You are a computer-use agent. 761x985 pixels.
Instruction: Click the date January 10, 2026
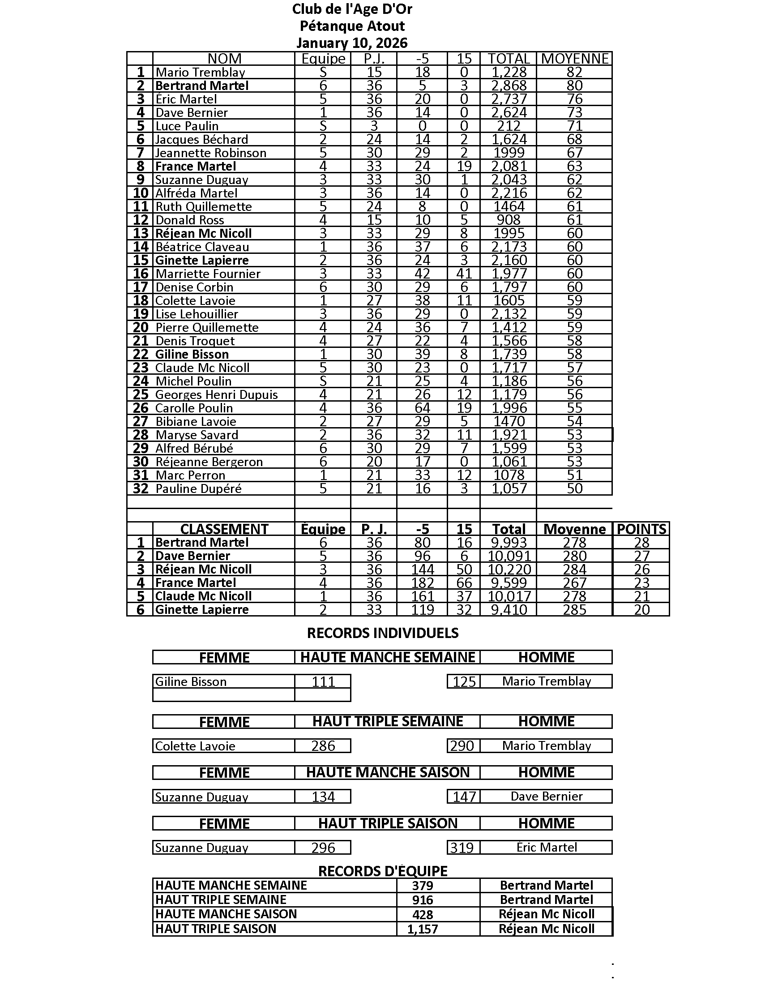coord(352,43)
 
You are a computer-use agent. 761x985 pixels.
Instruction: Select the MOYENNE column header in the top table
coord(574,59)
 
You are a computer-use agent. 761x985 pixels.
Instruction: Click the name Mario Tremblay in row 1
coord(200,72)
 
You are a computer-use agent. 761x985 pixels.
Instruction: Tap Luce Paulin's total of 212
coord(509,126)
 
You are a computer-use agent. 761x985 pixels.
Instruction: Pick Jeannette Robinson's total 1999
coord(509,153)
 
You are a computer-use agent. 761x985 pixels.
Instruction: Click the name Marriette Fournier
coord(208,274)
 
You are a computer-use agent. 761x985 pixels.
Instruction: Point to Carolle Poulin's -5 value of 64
coord(423,408)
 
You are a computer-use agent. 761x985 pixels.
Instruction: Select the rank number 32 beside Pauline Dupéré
coord(141,488)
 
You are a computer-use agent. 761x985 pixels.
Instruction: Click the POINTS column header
coord(641,529)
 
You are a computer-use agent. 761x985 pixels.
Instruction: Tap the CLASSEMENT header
coord(224,529)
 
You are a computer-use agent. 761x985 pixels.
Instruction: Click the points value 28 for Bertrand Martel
coord(641,543)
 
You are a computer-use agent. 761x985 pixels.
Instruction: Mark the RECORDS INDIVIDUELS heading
coord(382,633)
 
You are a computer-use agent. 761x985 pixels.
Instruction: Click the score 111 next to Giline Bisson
coord(323,681)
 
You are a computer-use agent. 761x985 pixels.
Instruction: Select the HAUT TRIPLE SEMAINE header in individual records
coord(387,721)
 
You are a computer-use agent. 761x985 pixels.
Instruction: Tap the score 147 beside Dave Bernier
coord(464,797)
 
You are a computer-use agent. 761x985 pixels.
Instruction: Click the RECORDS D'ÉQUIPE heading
coord(382,871)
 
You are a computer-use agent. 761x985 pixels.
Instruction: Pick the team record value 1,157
coord(422,929)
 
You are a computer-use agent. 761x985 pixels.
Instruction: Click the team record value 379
coord(422,886)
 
